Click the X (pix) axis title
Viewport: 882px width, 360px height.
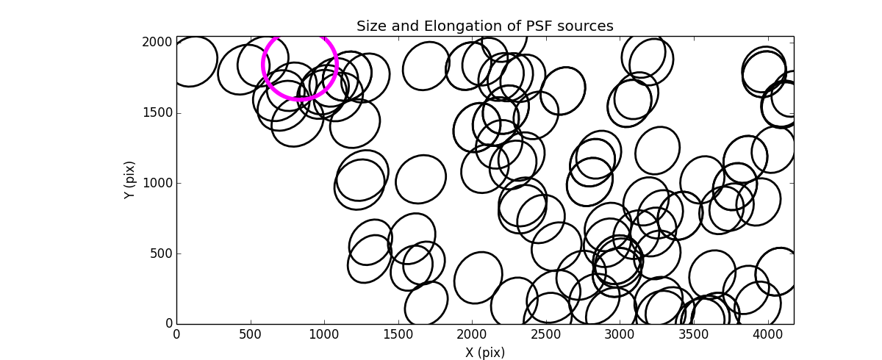[x=485, y=352]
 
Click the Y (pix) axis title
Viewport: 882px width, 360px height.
[x=130, y=180]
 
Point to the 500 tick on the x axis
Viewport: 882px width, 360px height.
[x=251, y=334]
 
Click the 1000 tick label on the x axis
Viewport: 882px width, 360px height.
[x=324, y=334]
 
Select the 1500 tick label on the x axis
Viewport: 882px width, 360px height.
[x=398, y=334]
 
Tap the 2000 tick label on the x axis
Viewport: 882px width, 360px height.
[x=473, y=334]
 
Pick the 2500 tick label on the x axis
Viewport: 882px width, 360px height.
[x=547, y=334]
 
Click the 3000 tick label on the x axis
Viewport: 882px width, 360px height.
[x=620, y=334]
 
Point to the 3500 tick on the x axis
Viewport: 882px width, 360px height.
[x=695, y=334]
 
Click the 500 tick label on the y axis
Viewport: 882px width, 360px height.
[x=161, y=253]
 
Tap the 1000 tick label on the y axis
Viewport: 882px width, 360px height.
[x=157, y=183]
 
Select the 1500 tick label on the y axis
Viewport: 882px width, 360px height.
[x=157, y=112]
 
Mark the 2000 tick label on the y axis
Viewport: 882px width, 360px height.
[x=157, y=43]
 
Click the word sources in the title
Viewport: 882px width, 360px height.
[x=584, y=26]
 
